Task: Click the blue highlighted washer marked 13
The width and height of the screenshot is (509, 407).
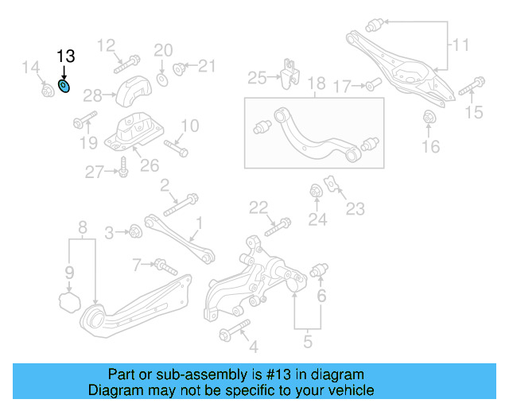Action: coord(64,85)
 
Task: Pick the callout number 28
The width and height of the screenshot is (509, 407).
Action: coord(92,96)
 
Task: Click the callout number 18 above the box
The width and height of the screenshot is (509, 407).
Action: coord(316,83)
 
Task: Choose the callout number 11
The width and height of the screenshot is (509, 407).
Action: coord(461,46)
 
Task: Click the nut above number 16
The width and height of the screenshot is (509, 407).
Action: coord(429,119)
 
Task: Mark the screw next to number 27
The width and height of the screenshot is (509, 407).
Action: coord(123,169)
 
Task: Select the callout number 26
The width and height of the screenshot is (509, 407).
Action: coord(150,165)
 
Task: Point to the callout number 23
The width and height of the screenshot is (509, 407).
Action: coord(355,209)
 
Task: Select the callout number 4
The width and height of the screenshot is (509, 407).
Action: coord(253,347)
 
